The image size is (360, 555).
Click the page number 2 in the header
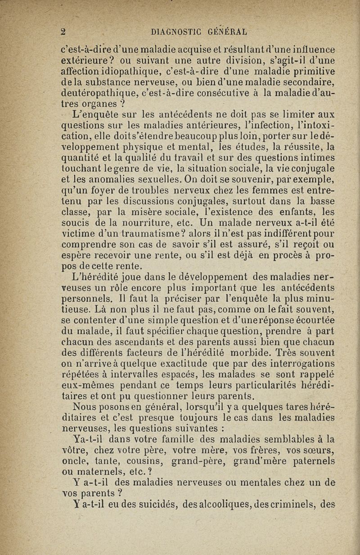coord(64,32)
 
